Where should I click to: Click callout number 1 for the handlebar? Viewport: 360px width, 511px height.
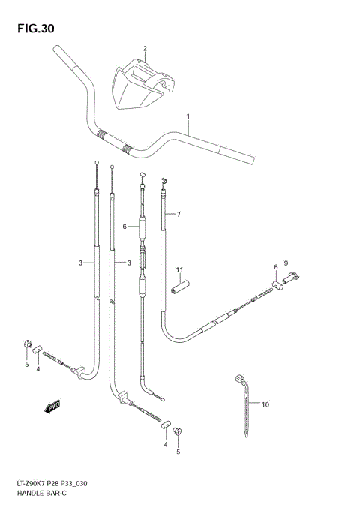(188, 116)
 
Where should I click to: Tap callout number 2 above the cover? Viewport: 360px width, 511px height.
(145, 49)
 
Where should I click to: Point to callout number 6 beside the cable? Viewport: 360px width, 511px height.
(126, 226)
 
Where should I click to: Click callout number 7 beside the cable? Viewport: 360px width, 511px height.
(178, 215)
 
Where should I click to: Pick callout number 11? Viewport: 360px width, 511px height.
(179, 270)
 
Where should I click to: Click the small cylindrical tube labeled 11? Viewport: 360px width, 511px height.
(179, 287)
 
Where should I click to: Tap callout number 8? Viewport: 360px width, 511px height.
(276, 266)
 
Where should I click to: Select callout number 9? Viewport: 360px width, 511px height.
(286, 263)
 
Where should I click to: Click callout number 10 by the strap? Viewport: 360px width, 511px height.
(265, 404)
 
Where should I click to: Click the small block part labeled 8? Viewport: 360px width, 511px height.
(276, 284)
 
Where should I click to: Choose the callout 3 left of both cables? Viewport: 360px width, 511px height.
(79, 263)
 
